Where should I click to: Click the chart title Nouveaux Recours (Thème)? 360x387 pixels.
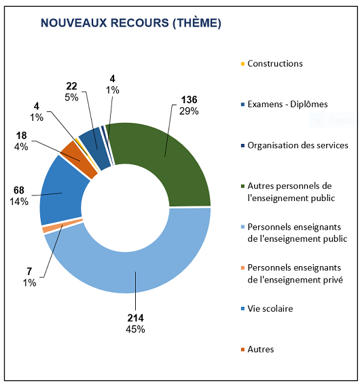130,23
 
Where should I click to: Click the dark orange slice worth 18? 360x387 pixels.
79,159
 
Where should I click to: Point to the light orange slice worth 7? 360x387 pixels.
62,225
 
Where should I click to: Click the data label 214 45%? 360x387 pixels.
135,323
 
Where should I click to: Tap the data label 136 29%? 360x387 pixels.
189,105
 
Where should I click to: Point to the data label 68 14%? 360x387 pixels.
19,196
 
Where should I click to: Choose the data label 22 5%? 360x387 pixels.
71,92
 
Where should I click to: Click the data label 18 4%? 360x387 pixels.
21,141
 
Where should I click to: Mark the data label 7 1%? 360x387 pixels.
30,277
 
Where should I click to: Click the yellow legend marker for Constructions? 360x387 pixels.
242,64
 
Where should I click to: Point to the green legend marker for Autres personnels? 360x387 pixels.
242,186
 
